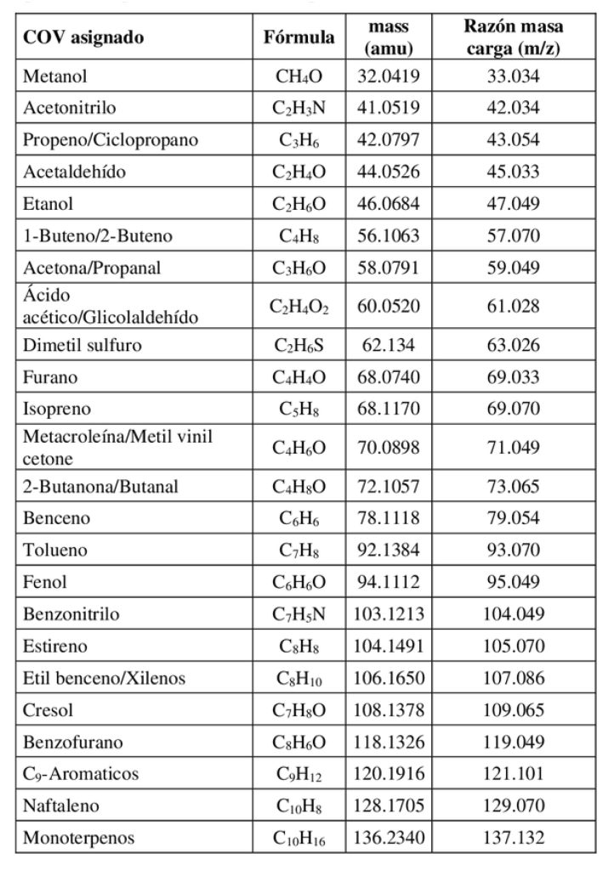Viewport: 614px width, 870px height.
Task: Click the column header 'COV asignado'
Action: coord(83,37)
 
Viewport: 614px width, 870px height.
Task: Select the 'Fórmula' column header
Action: coord(298,37)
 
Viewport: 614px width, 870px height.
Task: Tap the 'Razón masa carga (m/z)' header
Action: coord(513,37)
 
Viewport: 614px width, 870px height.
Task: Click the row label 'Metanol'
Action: coord(55,76)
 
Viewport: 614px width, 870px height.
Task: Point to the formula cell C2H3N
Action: coord(298,109)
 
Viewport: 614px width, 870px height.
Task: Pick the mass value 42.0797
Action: coord(388,140)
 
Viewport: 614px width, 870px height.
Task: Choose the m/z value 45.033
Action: coord(513,172)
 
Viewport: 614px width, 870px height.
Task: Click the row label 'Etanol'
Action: coord(48,204)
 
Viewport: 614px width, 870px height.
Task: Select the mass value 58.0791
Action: coord(388,268)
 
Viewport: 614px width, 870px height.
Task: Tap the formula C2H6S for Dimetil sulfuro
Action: coord(298,346)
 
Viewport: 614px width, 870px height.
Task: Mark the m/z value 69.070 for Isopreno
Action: coord(513,409)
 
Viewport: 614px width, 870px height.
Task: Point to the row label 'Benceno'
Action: coord(57,518)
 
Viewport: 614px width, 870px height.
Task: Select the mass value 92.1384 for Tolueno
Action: coord(388,551)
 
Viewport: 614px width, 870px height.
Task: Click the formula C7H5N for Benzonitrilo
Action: coord(298,614)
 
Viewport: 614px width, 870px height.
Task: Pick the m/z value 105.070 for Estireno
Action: coord(513,646)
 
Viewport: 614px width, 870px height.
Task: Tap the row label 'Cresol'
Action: coord(48,710)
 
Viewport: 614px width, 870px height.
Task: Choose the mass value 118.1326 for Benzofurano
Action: coord(388,742)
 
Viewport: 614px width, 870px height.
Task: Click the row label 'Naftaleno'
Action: coord(60,806)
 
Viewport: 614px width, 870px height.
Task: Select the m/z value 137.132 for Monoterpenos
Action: coord(513,838)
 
